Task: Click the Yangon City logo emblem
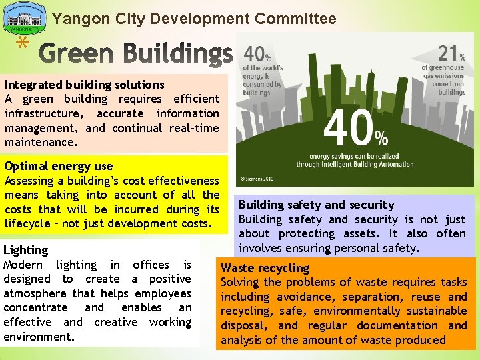click(25, 19)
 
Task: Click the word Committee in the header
click(299, 19)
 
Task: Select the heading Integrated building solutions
click(84, 85)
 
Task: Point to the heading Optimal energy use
click(59, 166)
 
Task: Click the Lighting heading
click(26, 251)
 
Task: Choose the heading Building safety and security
click(316, 205)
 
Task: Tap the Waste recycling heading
click(265, 268)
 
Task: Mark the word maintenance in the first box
click(41, 142)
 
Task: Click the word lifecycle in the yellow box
click(29, 223)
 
